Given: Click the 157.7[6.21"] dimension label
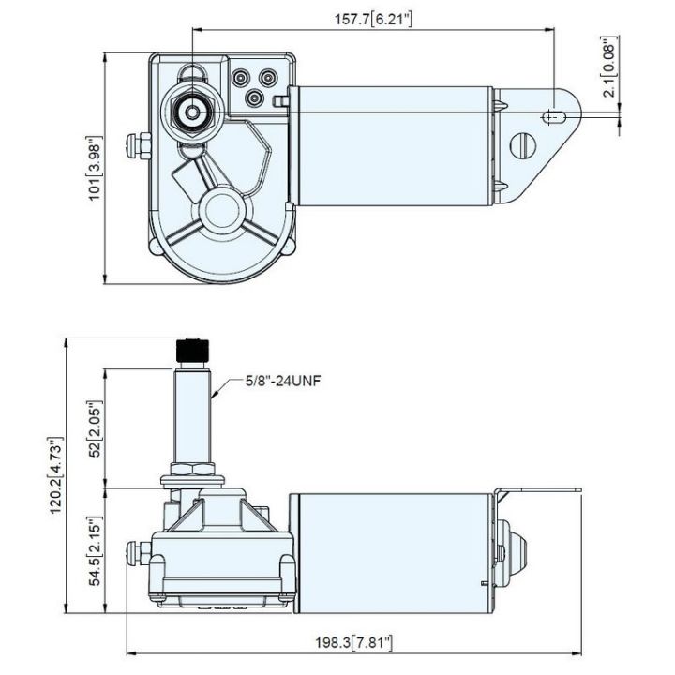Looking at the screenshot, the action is coord(373,20).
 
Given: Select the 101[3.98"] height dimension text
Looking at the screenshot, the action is coord(95,168).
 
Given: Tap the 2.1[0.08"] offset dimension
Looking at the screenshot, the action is coord(611,67).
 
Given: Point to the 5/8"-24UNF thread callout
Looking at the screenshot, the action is coord(283,381).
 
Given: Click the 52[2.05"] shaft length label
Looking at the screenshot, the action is coord(95,428).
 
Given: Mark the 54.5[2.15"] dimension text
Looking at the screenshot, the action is coord(95,550).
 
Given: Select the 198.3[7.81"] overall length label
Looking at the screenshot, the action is coord(354,643).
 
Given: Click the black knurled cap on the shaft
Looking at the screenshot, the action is coord(192,351).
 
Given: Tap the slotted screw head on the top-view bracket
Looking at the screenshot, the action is coord(522,145).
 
